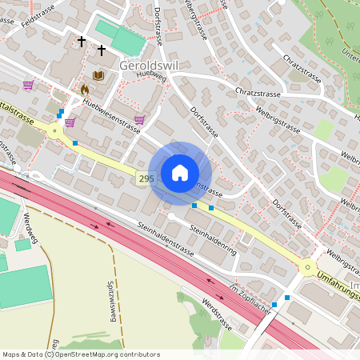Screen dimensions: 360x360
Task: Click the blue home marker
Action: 180,173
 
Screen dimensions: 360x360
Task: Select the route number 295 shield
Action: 145,179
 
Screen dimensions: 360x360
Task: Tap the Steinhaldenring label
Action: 213,238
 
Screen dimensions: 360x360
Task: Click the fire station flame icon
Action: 85,90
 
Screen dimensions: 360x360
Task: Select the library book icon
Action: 98,75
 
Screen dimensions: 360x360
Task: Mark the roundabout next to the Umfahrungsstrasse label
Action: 307,268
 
